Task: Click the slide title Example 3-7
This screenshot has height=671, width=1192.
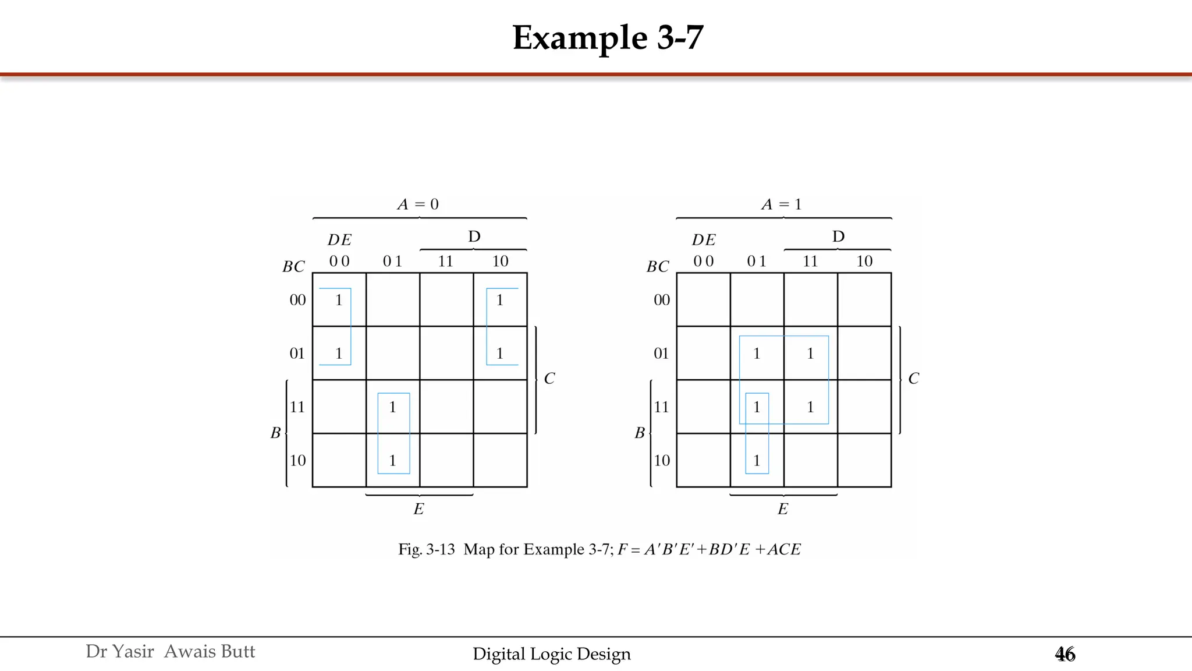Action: pyautogui.click(x=608, y=38)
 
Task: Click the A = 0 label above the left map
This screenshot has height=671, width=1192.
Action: pyautogui.click(x=418, y=204)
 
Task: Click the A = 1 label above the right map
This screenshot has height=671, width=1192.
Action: pyautogui.click(x=782, y=204)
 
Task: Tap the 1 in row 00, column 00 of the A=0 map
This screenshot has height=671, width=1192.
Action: pyautogui.click(x=339, y=300)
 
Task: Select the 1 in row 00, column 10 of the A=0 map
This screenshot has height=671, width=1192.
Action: pyautogui.click(x=499, y=300)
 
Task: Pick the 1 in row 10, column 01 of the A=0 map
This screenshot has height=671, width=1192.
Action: pyautogui.click(x=392, y=461)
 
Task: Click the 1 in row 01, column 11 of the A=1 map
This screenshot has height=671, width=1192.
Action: pyautogui.click(x=810, y=354)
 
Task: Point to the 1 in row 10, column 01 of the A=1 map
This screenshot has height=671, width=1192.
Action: pyautogui.click(x=757, y=461)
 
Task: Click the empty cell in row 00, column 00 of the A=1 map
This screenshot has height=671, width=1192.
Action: pyautogui.click(x=703, y=300)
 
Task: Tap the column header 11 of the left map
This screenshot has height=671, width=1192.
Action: pyautogui.click(x=445, y=261)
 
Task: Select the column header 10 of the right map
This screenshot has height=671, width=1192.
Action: pyautogui.click(x=864, y=261)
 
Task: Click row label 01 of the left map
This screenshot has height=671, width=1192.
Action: pyautogui.click(x=297, y=354)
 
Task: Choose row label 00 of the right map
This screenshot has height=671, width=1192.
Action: pyautogui.click(x=662, y=300)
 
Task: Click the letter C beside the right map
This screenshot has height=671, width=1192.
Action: pyautogui.click(x=913, y=379)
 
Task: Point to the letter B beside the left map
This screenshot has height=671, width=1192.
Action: pyautogui.click(x=275, y=433)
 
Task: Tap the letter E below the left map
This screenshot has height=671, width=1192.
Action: pyautogui.click(x=418, y=509)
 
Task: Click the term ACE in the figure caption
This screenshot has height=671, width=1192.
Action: pyautogui.click(x=784, y=549)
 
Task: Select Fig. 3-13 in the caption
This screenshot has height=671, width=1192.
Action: pyautogui.click(x=426, y=549)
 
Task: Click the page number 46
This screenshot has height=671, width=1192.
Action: pyautogui.click(x=1065, y=655)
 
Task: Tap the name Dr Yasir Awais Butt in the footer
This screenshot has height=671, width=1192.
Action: pyautogui.click(x=170, y=651)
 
